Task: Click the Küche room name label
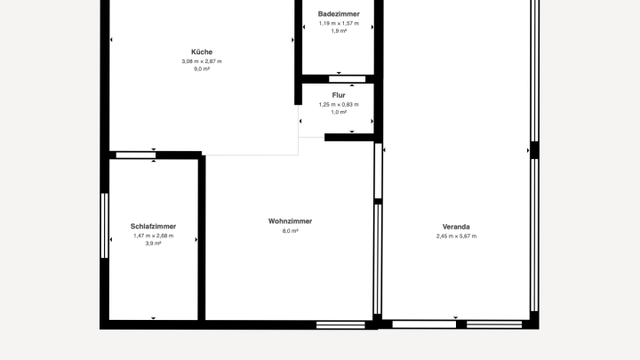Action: point(202,52)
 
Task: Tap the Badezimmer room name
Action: point(339,14)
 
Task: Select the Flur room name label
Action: point(339,95)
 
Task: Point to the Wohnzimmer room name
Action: point(290,221)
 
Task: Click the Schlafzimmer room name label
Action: point(154,226)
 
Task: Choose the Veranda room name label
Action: point(456,227)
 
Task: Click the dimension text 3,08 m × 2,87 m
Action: point(202,61)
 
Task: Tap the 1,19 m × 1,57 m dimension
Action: point(339,23)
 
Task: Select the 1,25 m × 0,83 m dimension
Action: point(339,105)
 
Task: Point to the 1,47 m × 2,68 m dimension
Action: point(154,236)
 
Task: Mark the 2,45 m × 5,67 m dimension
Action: point(456,236)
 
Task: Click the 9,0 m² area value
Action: point(202,69)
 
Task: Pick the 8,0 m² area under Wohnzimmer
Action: point(290,230)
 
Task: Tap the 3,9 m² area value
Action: point(154,244)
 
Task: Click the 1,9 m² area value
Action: point(339,31)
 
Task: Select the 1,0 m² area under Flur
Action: point(339,112)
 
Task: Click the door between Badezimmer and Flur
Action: point(348,79)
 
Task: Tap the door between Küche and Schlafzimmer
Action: point(136,155)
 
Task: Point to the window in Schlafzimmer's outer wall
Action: point(105,226)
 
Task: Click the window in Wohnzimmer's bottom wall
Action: point(340,325)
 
